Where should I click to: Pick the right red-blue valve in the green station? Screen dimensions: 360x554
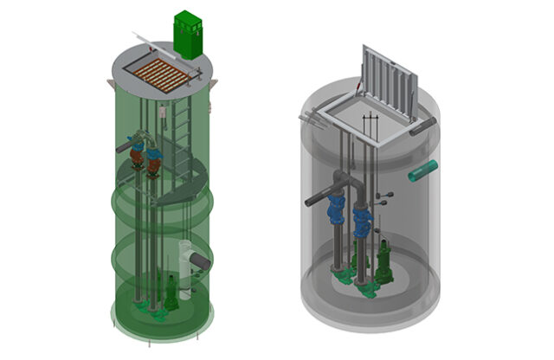[153, 160]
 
